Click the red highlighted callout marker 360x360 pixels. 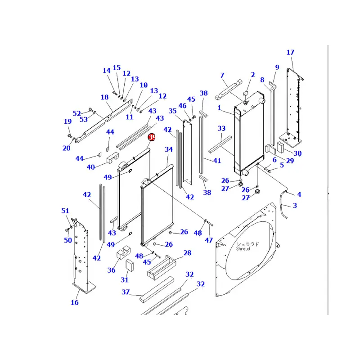click(152, 137)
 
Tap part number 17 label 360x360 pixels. click(290, 53)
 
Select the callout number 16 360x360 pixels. click(75, 302)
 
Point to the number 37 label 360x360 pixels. click(126, 292)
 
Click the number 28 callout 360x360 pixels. click(187, 253)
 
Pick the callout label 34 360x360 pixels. click(169, 149)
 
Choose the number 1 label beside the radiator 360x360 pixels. click(219, 108)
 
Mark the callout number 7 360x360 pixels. click(222, 75)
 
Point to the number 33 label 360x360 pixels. click(221, 129)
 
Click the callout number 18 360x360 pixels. click(104, 98)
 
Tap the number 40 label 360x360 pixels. click(91, 167)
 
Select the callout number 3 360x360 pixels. click(295, 206)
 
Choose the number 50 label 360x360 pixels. click(67, 240)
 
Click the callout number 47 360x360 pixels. click(209, 240)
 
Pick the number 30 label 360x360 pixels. click(297, 153)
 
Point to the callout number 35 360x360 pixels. click(172, 111)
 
